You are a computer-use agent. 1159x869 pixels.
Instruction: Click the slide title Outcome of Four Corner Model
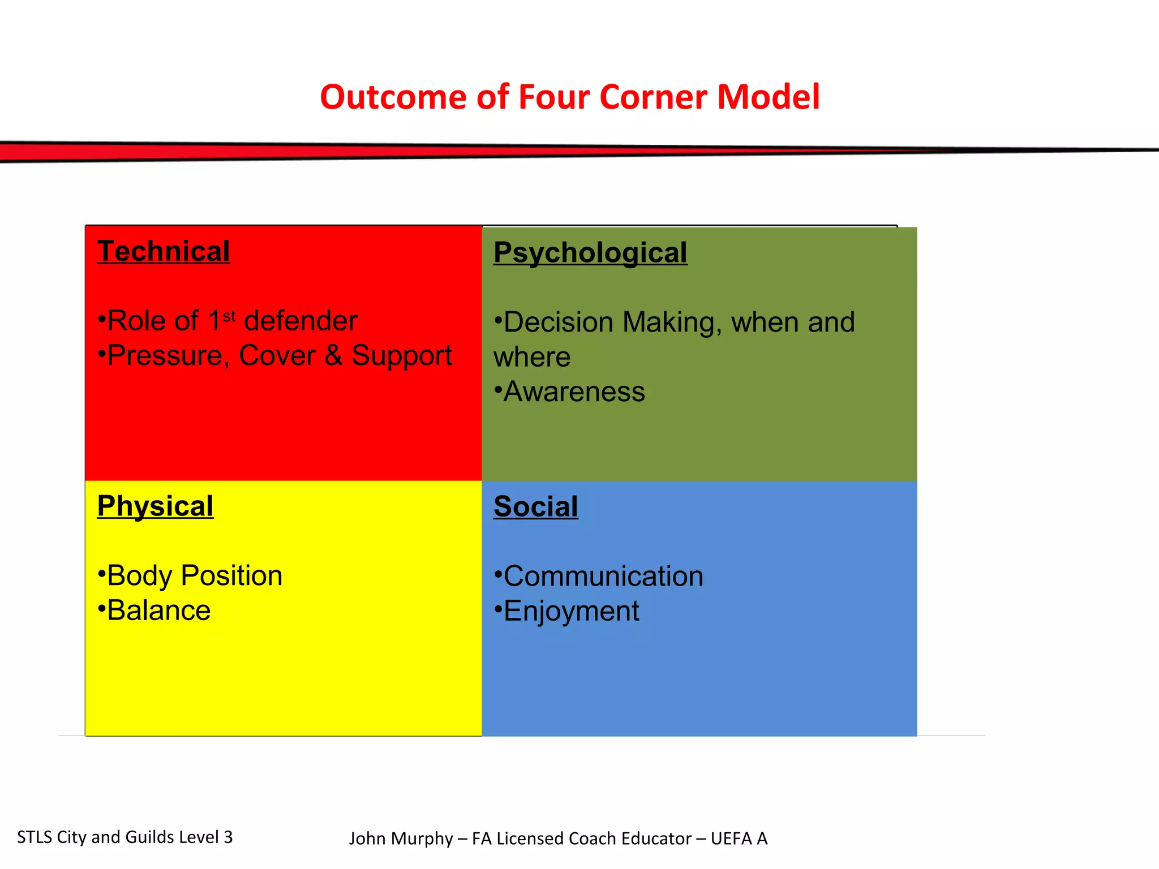[569, 97]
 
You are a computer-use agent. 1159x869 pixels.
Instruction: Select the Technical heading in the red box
[164, 251]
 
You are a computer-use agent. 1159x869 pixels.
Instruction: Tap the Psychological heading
[590, 252]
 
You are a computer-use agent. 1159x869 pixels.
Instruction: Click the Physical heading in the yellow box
[155, 506]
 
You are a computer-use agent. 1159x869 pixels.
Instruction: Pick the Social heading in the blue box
[535, 506]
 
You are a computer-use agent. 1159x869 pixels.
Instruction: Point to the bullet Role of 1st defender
[227, 321]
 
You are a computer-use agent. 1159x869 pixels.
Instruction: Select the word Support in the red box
[402, 356]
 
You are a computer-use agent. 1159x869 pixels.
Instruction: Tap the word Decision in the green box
[558, 322]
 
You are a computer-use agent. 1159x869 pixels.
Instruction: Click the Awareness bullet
[570, 392]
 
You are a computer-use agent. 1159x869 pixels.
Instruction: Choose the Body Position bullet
[191, 576]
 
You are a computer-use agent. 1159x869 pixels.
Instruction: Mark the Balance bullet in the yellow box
[155, 610]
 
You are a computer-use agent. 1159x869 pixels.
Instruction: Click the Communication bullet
[599, 577]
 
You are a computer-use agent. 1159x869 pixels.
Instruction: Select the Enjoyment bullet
[568, 612]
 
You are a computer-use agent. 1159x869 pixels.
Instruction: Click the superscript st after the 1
[229, 316]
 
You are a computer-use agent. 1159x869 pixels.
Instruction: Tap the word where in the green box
[532, 357]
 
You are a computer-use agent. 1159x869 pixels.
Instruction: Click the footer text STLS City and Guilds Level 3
[125, 837]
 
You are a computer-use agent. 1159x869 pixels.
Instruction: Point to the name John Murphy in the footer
[401, 838]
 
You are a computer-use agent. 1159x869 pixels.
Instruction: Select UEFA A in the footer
[739, 838]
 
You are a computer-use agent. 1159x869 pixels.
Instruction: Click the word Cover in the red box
[277, 356]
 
